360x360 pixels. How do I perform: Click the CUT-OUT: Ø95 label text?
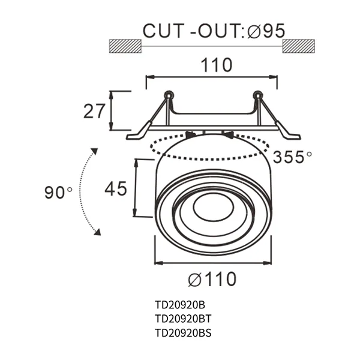(x=213, y=31)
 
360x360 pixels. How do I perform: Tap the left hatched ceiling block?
(x=125, y=46)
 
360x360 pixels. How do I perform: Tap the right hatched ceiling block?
(x=298, y=46)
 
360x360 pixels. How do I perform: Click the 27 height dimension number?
(x=95, y=110)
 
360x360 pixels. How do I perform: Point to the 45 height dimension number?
(x=116, y=188)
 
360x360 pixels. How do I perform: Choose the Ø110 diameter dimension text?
(x=212, y=279)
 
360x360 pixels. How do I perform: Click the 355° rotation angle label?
(x=292, y=157)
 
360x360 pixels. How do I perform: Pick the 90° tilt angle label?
(x=58, y=193)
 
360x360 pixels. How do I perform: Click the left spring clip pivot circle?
(x=169, y=95)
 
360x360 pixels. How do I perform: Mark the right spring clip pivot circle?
(x=257, y=95)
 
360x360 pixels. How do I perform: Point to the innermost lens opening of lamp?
(x=214, y=207)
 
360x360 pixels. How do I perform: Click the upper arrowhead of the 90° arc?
(x=94, y=151)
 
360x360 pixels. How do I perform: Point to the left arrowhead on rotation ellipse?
(x=191, y=135)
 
